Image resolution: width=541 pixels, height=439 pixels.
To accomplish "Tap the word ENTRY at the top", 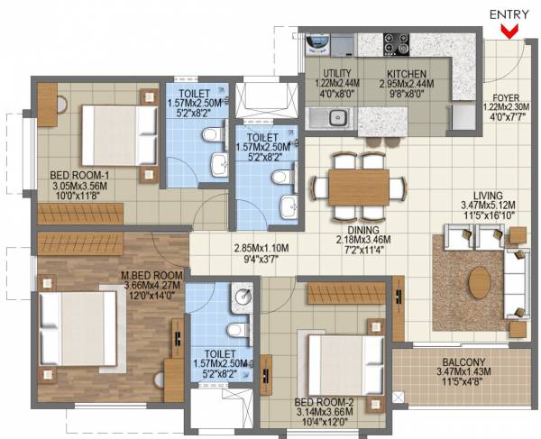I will pos(509,14).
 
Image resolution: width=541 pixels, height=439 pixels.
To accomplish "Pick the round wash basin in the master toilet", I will pos(240,294).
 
